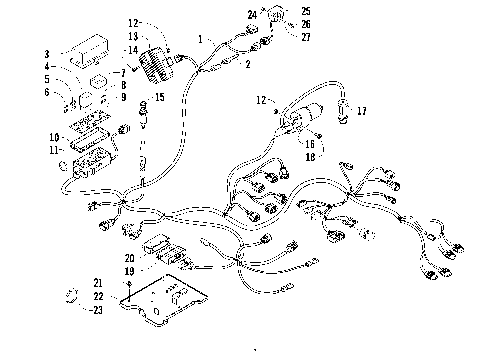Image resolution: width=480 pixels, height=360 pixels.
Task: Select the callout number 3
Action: coord(47,53)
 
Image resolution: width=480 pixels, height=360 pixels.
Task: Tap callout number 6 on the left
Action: coord(47,92)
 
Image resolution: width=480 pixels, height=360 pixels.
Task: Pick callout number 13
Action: coord(133,36)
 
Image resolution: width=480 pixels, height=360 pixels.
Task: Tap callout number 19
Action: coord(130,270)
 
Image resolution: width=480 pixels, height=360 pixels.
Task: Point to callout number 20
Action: coord(130,257)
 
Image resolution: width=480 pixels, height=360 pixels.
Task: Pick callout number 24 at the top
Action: coord(251,13)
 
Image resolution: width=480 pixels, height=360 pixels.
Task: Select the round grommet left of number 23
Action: coord(71,296)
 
